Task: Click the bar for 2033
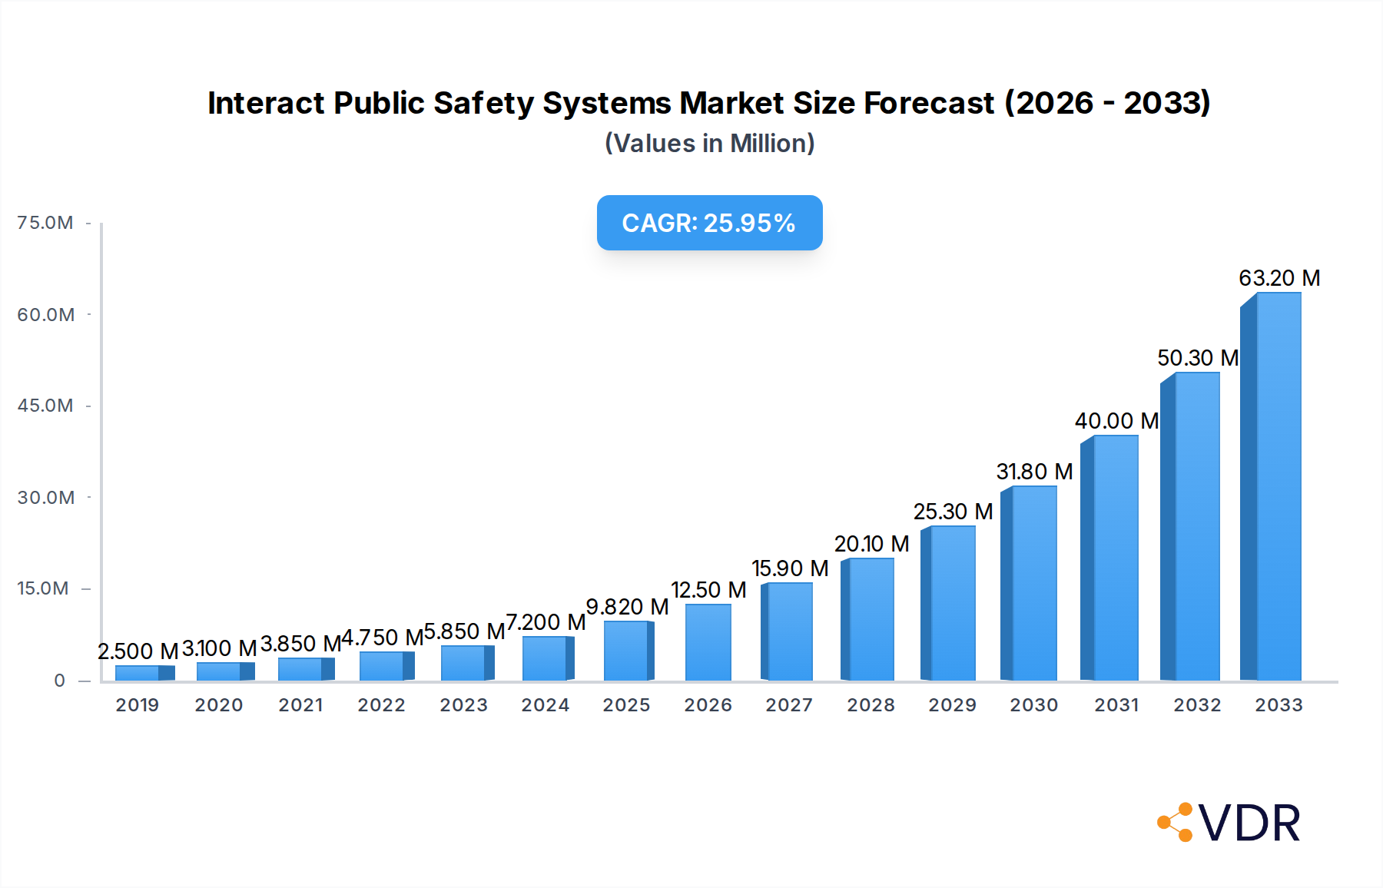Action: (x=1272, y=487)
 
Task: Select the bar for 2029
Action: (x=950, y=604)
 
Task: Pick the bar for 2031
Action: (x=1110, y=558)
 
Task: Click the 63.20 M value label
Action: (x=1279, y=278)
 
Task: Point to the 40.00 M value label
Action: (x=1116, y=421)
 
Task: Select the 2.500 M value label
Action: (x=138, y=651)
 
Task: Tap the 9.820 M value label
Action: (x=627, y=607)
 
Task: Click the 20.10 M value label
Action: (x=871, y=544)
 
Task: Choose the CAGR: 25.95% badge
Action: (x=709, y=223)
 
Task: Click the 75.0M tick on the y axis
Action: (x=45, y=223)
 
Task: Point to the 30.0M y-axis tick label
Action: (x=45, y=498)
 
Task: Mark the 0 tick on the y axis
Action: (x=59, y=681)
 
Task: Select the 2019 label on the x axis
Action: (x=138, y=705)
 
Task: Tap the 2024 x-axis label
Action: (x=546, y=705)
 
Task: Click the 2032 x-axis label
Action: (x=1197, y=705)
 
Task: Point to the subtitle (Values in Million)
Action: (x=709, y=144)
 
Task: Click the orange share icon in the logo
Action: (x=1175, y=823)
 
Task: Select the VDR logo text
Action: (x=1249, y=823)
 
